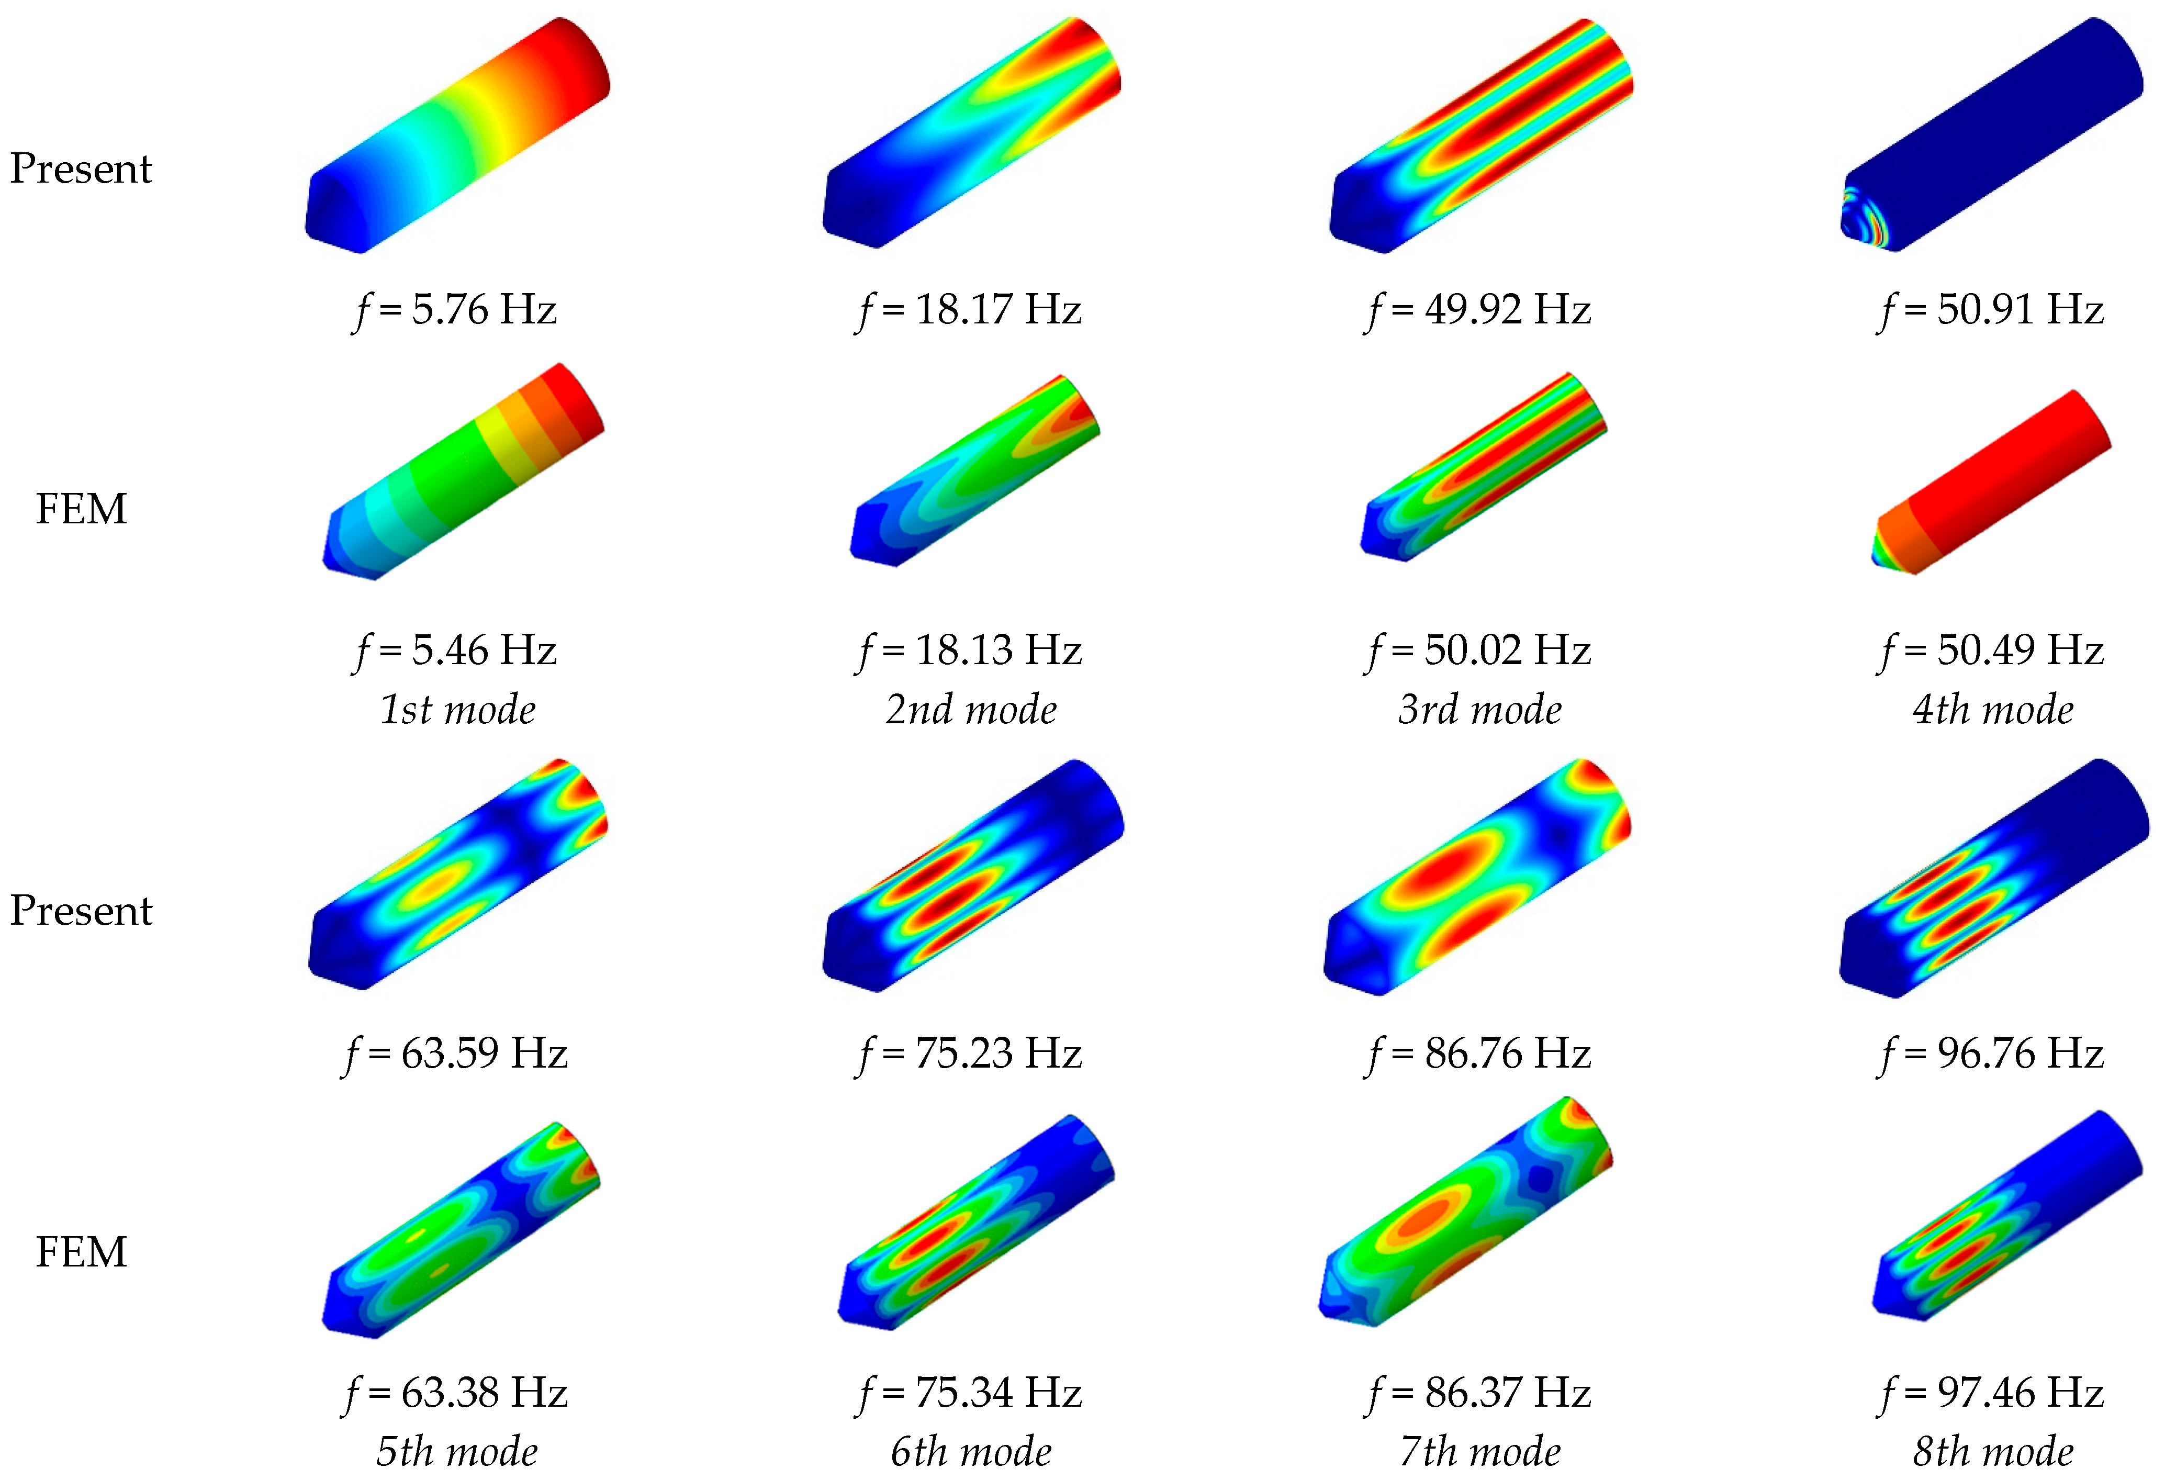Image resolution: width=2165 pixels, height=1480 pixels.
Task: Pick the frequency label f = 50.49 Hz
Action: pyautogui.click(x=1991, y=650)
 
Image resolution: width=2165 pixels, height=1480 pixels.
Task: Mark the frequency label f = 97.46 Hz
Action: pyautogui.click(x=1991, y=1393)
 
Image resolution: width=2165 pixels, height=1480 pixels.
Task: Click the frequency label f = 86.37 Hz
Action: pyautogui.click(x=1478, y=1393)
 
